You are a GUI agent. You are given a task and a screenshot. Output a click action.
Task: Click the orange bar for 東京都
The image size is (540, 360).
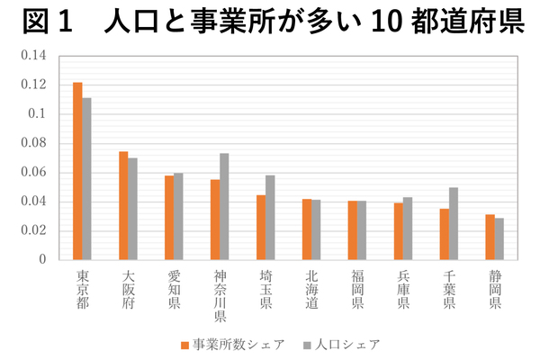pyautogui.click(x=77, y=171)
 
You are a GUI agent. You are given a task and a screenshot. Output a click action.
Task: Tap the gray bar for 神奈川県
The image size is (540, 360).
pyautogui.click(x=224, y=206)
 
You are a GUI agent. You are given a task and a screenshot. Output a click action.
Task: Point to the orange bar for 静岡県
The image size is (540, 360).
pyautogui.click(x=490, y=237)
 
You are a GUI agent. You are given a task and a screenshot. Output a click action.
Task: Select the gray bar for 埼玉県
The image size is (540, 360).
pyautogui.click(x=270, y=217)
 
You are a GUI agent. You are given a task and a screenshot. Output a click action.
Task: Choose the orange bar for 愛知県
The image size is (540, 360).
pyautogui.click(x=169, y=217)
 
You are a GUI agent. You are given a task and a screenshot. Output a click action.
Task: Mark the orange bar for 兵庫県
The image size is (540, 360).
pyautogui.click(x=399, y=230)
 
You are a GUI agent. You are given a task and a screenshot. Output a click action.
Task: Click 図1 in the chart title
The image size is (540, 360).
pyautogui.click(x=46, y=22)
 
